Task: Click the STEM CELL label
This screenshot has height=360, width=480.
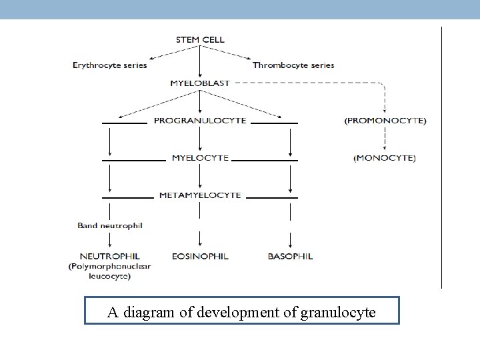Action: click(200, 39)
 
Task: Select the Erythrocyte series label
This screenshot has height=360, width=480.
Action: click(110, 65)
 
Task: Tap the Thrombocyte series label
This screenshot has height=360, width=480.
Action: click(293, 65)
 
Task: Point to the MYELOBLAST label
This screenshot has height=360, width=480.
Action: click(200, 83)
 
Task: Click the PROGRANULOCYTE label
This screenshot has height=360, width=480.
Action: click(200, 121)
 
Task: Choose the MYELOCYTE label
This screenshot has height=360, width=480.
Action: click(200, 158)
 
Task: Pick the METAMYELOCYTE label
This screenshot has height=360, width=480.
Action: click(200, 195)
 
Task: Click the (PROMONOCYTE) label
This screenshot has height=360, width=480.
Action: click(385, 121)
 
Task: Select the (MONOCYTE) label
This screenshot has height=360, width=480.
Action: click(385, 158)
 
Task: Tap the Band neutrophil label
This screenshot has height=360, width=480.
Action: click(110, 226)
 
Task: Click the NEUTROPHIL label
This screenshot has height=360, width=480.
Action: click(109, 256)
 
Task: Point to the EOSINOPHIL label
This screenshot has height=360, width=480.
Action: click(200, 256)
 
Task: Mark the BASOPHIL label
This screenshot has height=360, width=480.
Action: click(290, 256)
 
